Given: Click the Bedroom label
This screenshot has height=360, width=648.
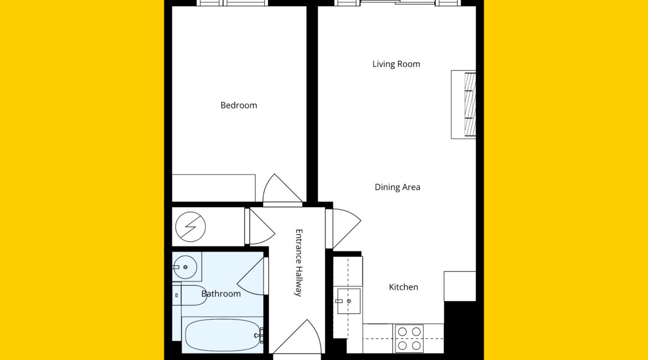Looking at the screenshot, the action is pos(239,105).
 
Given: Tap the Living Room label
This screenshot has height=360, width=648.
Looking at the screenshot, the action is pos(396,64).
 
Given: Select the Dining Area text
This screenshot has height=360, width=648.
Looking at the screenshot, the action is pos(397,187).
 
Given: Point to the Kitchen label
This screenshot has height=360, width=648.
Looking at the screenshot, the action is pos(403,287).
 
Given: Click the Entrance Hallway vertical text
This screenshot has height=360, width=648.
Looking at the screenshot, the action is pos(299,263).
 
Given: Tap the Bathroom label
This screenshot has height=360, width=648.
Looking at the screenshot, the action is pos(220,294).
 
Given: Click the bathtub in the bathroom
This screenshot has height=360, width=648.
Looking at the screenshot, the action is pos(222,335).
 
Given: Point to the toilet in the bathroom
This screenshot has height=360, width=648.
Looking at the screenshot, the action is pos(189,295).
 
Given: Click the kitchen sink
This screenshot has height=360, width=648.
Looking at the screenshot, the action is pos(349,301).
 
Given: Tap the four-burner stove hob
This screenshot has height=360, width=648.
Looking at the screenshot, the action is pos(409,338).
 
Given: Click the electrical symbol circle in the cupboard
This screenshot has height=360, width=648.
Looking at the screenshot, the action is pos(191,227).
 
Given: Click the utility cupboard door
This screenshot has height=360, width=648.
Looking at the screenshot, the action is pos(260,227).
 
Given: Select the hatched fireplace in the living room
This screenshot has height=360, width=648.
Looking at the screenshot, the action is pos(470,105).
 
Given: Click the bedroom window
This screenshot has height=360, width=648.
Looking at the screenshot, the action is pos(232,3).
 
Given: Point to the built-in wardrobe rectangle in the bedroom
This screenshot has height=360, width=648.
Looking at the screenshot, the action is pos(214,188).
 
